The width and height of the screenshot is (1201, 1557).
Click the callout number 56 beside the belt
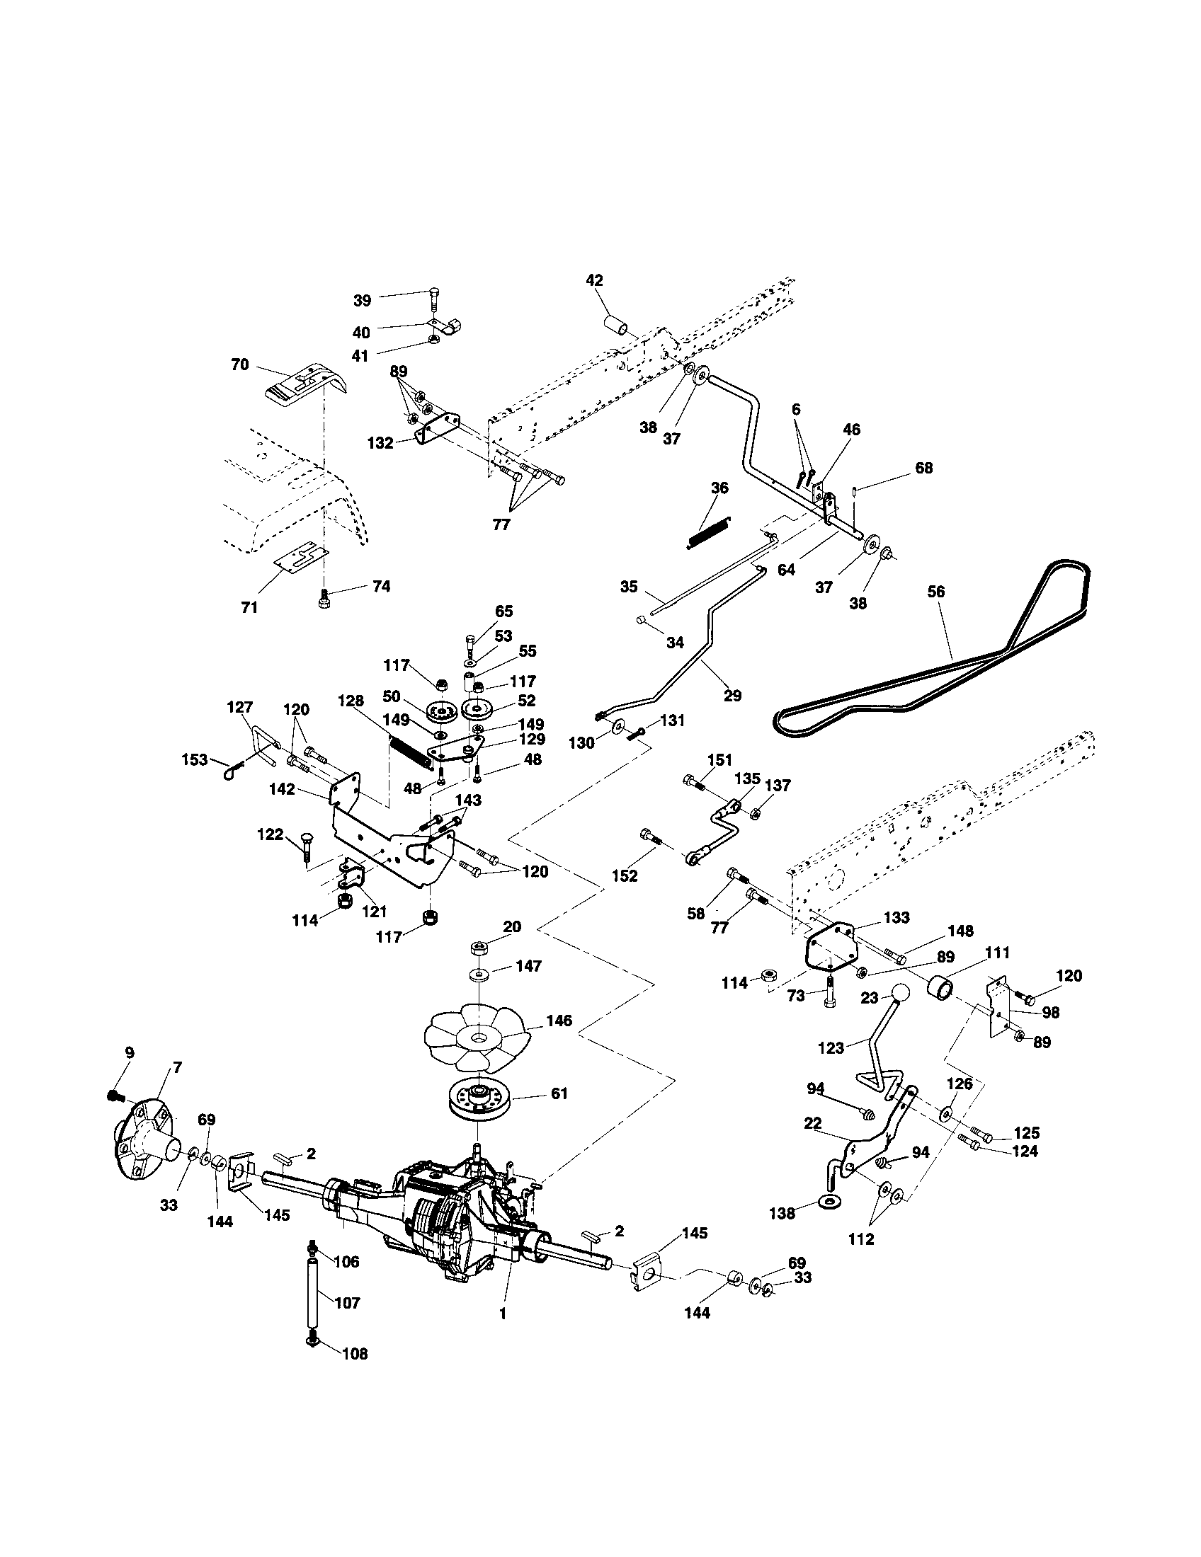click(x=935, y=592)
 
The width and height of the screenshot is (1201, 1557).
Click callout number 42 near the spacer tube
click(x=594, y=281)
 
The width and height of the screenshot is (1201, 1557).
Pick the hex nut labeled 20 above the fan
click(x=479, y=948)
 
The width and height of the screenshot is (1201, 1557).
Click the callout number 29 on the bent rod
click(x=732, y=695)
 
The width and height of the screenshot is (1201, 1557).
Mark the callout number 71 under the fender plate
click(x=249, y=607)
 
